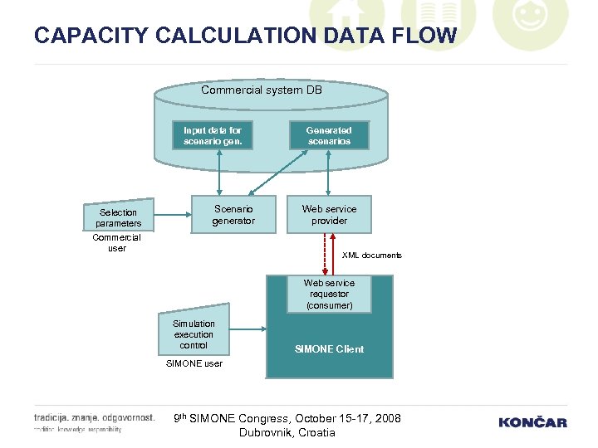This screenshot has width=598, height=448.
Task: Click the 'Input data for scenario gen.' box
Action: pyautogui.click(x=213, y=136)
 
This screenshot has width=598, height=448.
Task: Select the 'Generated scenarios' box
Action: pyautogui.click(x=328, y=136)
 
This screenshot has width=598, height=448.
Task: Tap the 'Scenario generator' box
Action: pyautogui.click(x=233, y=215)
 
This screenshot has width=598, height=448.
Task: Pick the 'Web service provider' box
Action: pyautogui.click(x=329, y=215)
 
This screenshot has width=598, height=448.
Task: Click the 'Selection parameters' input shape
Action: pyautogui.click(x=118, y=217)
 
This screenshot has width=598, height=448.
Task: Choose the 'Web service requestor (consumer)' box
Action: pyautogui.click(x=329, y=295)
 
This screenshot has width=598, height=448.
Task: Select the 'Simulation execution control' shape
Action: pyautogui.click(x=194, y=334)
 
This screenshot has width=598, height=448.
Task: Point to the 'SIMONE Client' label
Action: pyautogui.click(x=329, y=349)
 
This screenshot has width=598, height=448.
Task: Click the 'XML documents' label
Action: pyautogui.click(x=371, y=256)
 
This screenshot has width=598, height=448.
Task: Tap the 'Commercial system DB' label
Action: pyautogui.click(x=262, y=90)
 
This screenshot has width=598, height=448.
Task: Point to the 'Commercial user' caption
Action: pyautogui.click(x=116, y=243)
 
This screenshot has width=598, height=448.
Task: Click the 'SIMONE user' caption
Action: pyautogui.click(x=194, y=363)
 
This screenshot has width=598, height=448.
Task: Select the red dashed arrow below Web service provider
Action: pyautogui.click(x=325, y=254)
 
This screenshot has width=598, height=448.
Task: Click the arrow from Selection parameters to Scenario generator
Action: pyautogui.click(x=174, y=217)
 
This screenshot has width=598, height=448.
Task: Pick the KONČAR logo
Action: pyautogui.click(x=532, y=422)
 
